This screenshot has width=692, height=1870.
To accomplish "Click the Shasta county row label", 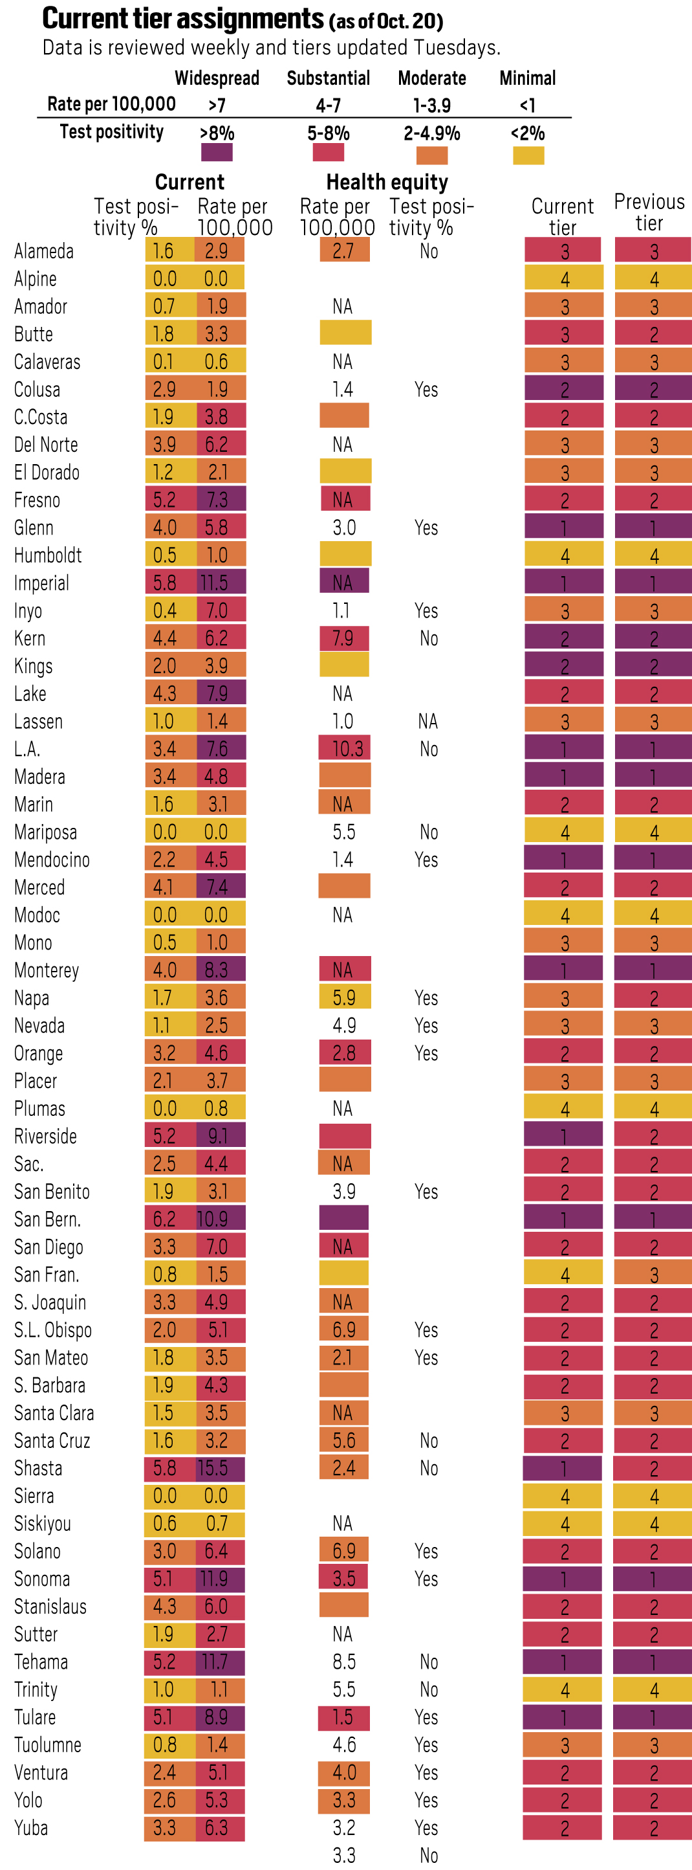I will [38, 1468].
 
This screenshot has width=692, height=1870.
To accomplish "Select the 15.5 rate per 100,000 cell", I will [220, 1468].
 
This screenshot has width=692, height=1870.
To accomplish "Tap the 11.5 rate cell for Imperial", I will [221, 582].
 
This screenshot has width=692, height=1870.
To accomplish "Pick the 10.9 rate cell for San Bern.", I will [221, 1219].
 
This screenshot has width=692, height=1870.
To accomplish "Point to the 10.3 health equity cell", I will [345, 748].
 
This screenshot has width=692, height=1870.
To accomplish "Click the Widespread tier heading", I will [217, 78].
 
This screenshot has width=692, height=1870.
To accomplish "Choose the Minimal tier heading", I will [527, 78].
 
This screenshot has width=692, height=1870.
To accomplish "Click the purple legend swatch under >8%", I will [216, 153].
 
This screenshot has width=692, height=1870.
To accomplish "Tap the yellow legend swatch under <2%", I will [528, 155].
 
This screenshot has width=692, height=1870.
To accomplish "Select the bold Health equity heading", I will [387, 182].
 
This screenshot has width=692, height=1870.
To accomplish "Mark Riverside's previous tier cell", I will [653, 1136].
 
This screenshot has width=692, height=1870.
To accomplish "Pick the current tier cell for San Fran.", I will [563, 1274].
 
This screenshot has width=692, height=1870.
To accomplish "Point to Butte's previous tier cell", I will [653, 334].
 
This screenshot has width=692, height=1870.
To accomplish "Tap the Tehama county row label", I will [41, 1662].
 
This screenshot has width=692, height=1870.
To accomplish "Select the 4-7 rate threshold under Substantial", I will [328, 106].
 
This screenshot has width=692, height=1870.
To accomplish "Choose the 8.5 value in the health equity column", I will [344, 1662].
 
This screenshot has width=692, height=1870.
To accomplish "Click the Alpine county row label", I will [36, 279].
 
